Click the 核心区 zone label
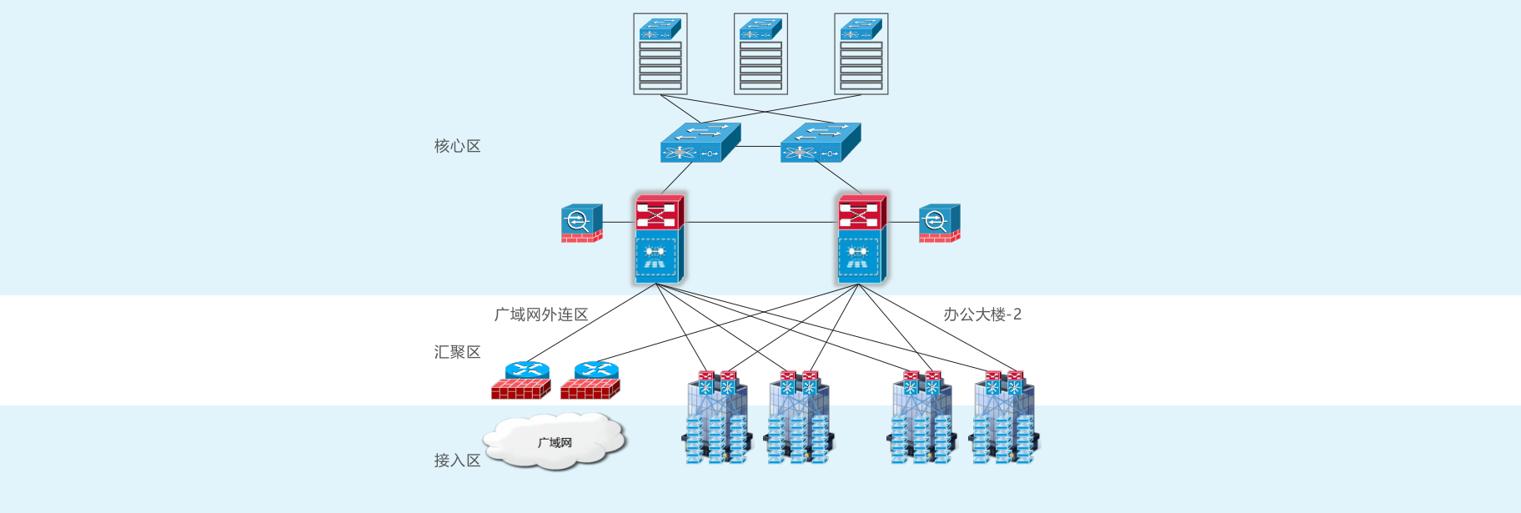click(x=457, y=146)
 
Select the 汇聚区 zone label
click(x=457, y=352)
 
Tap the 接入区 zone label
click(x=457, y=460)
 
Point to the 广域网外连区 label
click(x=541, y=314)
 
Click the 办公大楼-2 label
click(x=982, y=314)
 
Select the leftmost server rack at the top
click(x=660, y=54)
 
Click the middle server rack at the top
click(x=760, y=54)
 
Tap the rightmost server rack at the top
click(x=861, y=54)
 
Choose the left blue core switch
click(x=700, y=143)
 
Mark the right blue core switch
click(x=820, y=143)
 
